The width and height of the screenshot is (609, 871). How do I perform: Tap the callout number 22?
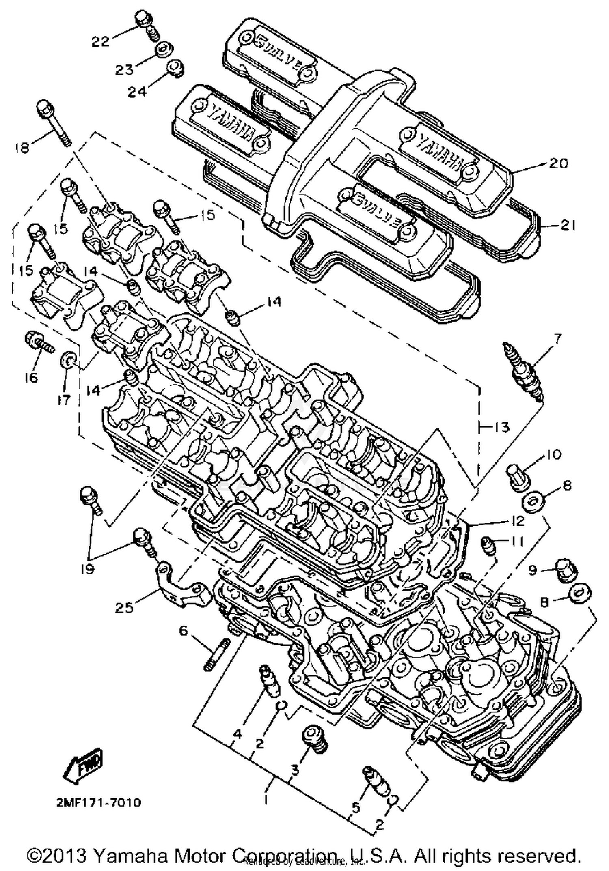(x=100, y=41)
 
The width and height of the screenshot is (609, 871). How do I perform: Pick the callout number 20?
(x=558, y=163)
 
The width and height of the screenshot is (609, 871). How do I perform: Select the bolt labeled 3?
(x=315, y=740)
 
